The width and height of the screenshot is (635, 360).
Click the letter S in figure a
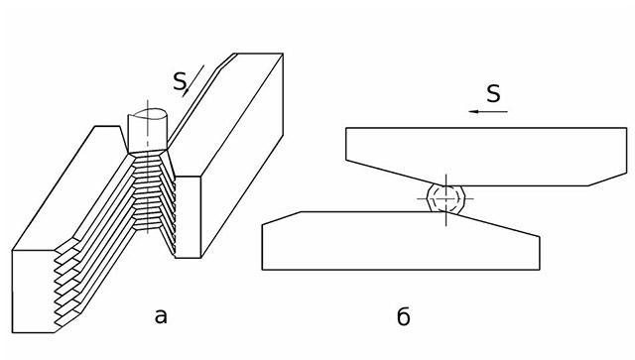(179, 81)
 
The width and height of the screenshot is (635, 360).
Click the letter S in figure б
(493, 93)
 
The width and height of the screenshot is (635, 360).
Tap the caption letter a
(161, 316)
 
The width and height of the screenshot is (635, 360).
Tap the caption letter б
(404, 316)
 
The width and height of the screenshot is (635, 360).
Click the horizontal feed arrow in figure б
(488, 111)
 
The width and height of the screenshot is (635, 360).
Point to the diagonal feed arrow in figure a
(193, 81)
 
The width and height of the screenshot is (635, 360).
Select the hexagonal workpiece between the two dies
(445, 198)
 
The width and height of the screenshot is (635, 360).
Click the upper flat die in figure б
(486, 157)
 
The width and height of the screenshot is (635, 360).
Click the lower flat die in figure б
(401, 241)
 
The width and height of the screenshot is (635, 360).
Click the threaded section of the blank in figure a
(148, 190)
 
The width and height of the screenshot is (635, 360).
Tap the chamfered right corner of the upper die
(607, 180)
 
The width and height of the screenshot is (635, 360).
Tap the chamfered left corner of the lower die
(282, 218)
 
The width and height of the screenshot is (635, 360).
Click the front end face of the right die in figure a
(188, 216)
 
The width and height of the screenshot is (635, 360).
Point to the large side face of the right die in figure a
(242, 156)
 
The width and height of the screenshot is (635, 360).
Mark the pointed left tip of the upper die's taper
(346, 161)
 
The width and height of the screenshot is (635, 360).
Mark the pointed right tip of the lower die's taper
(540, 236)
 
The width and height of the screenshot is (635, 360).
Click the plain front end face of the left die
(34, 292)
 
